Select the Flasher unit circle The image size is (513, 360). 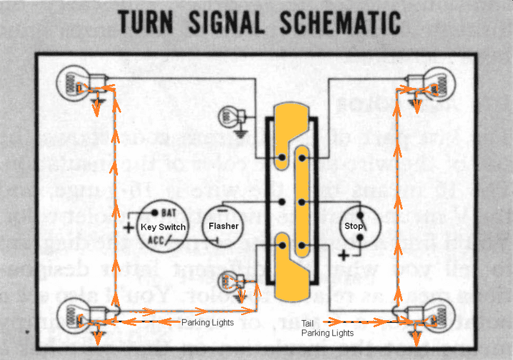(x=224, y=226)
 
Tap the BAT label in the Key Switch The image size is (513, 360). (x=169, y=212)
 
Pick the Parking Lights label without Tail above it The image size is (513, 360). (x=207, y=322)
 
